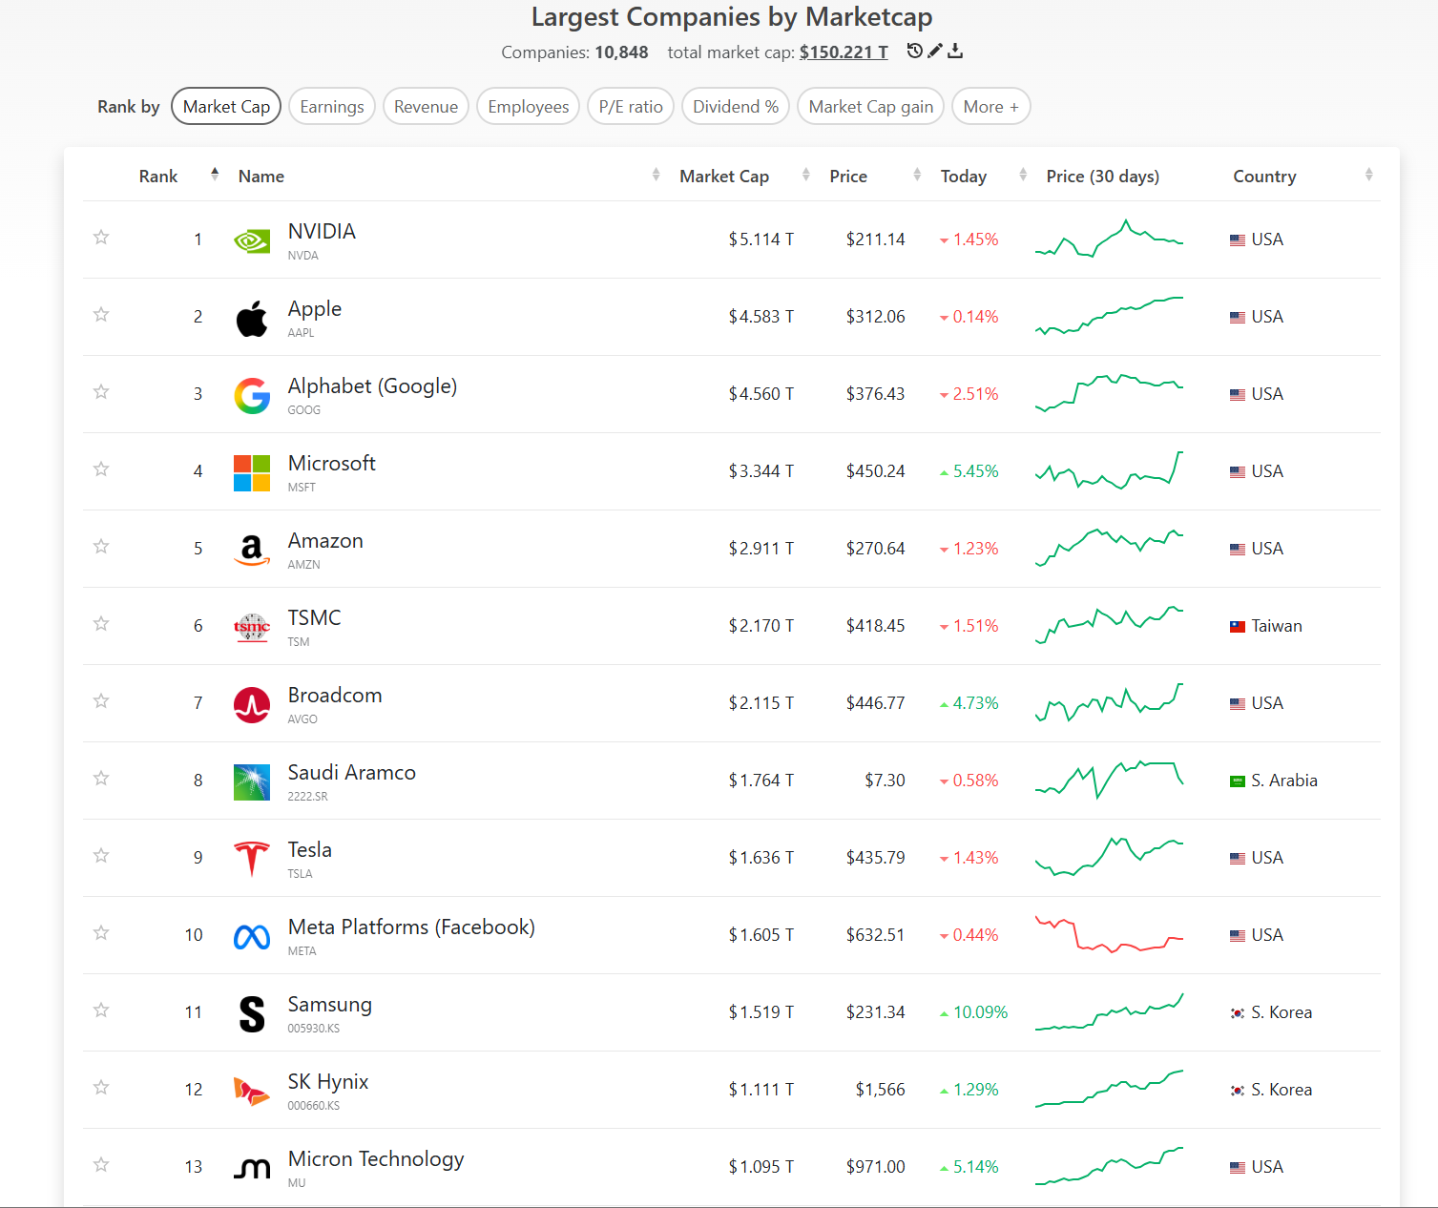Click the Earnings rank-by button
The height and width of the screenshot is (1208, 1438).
[331, 107]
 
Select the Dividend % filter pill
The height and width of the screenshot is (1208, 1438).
[735, 107]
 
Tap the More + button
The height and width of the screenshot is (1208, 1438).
[990, 107]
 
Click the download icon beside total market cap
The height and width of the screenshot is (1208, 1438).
[955, 51]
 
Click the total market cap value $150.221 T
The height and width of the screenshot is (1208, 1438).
[843, 52]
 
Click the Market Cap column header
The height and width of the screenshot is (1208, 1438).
[724, 177]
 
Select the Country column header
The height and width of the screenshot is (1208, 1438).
[1264, 177]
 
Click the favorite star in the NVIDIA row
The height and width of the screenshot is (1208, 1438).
[101, 238]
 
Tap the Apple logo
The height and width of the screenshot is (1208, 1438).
[251, 318]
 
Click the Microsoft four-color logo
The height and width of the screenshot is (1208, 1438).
[251, 473]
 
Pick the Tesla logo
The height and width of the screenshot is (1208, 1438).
[251, 859]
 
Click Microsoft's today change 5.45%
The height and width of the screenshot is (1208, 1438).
[969, 471]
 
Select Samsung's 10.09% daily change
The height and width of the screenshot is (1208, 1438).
[974, 1011]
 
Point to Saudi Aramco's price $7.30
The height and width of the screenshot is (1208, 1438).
[885, 781]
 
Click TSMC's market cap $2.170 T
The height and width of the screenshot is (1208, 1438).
[761, 626]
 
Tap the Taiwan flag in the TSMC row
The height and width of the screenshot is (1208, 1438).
[1238, 627]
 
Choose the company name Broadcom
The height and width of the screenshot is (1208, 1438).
[335, 695]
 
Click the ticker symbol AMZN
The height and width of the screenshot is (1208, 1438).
[303, 565]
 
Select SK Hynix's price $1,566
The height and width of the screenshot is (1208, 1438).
[880, 1090]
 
